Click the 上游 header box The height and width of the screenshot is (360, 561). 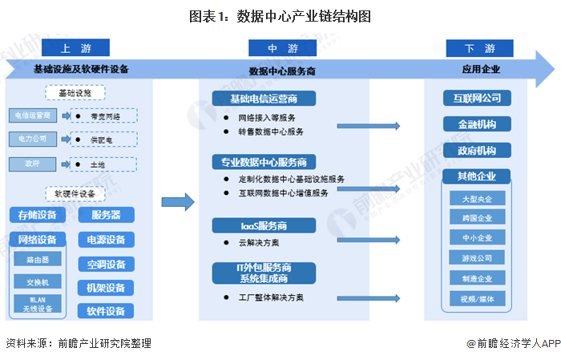(x=75, y=48)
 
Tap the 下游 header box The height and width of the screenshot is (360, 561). (x=478, y=48)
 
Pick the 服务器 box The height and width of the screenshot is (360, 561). (x=107, y=215)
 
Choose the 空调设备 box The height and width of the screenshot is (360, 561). (x=107, y=265)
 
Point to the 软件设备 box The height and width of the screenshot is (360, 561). (x=107, y=311)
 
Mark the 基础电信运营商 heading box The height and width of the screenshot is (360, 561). (x=264, y=99)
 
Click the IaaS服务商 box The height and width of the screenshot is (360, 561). (x=264, y=225)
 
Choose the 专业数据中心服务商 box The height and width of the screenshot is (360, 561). (x=264, y=162)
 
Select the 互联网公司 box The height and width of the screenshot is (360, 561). (x=477, y=99)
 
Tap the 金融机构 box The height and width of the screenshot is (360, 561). (x=477, y=124)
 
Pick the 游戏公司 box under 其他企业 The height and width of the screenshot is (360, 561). (x=477, y=259)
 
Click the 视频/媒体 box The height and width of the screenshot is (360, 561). (x=477, y=299)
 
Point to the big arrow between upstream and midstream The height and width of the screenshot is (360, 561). (x=179, y=203)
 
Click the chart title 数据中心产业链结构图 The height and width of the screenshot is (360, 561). (x=280, y=15)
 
